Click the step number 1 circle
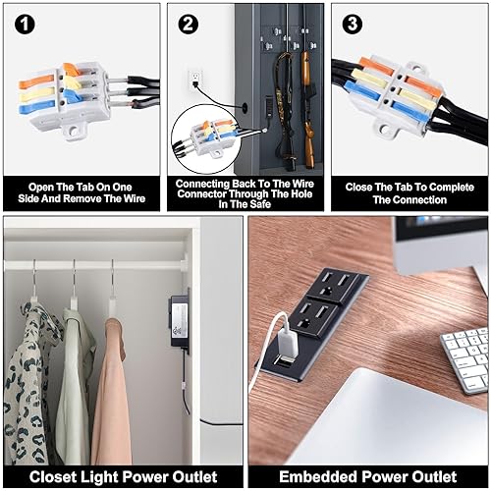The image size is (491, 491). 21,21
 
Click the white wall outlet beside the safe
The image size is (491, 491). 195,77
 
